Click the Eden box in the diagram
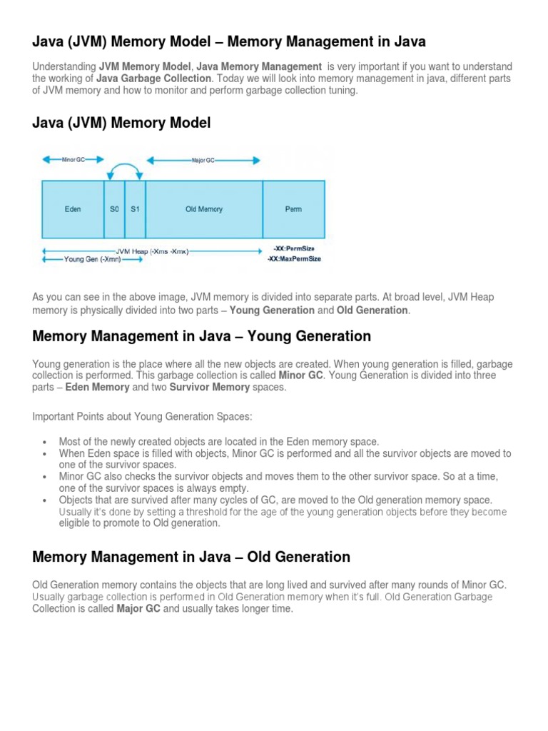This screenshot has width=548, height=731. pyautogui.click(x=73, y=209)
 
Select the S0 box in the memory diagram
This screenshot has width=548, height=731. pyautogui.click(x=114, y=209)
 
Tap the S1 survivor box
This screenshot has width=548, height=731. pyautogui.click(x=135, y=209)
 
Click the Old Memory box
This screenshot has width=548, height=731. pyautogui.click(x=204, y=209)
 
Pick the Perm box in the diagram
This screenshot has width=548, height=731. pyautogui.click(x=293, y=209)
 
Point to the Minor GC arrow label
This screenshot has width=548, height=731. pyautogui.click(x=73, y=160)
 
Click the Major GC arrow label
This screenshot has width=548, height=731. pyautogui.click(x=203, y=161)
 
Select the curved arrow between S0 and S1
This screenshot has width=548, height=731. pyautogui.click(x=125, y=168)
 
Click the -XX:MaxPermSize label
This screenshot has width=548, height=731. pyautogui.click(x=294, y=259)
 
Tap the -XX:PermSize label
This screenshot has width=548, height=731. pyautogui.click(x=294, y=248)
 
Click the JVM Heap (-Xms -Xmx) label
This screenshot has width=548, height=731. pyautogui.click(x=152, y=251)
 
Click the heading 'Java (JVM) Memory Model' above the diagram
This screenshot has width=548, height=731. pyautogui.click(x=121, y=123)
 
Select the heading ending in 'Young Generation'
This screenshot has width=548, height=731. pyautogui.click(x=202, y=336)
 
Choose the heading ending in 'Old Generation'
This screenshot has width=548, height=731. pyautogui.click(x=191, y=557)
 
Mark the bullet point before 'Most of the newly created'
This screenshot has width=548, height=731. pyautogui.click(x=45, y=443)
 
